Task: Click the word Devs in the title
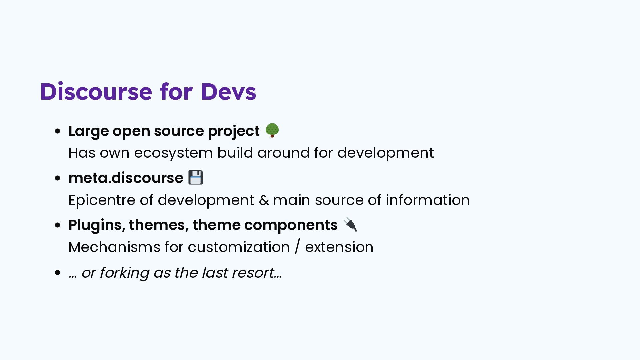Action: [x=229, y=92]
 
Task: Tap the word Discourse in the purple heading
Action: [x=96, y=92]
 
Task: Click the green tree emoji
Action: [x=272, y=130]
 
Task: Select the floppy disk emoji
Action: [x=196, y=177]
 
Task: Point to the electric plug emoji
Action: [x=350, y=224]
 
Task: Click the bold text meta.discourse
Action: [x=126, y=178]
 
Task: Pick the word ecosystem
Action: [x=173, y=153]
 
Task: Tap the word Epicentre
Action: [x=102, y=200]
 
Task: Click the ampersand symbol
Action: [x=264, y=200]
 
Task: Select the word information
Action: [x=428, y=200]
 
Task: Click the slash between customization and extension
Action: [x=297, y=247]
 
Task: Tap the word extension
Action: [x=339, y=247]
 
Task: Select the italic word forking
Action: [x=124, y=273]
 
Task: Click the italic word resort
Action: [x=253, y=273]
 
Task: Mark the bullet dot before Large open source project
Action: [x=58, y=131]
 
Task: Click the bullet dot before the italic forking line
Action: [x=58, y=273]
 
